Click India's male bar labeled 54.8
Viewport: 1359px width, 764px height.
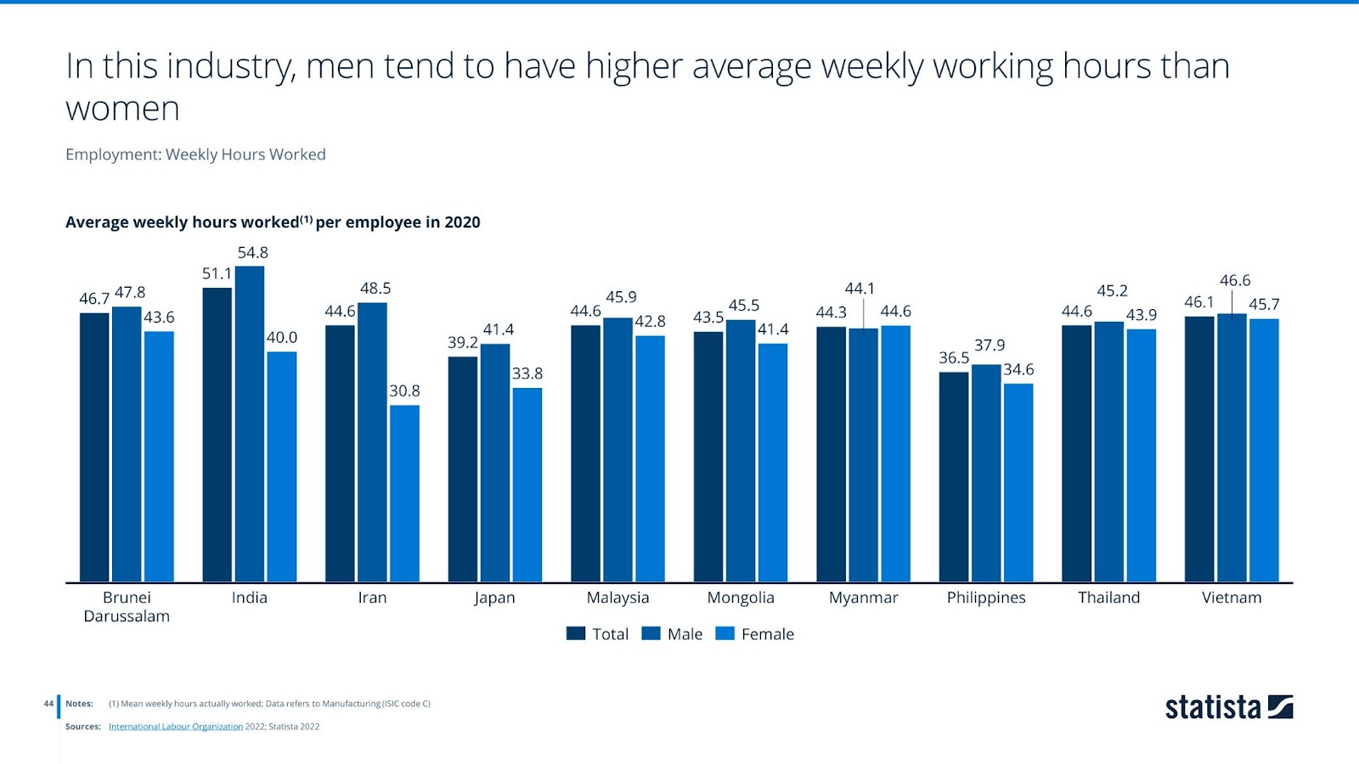point(250,424)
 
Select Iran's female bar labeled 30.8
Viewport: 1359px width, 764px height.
point(404,493)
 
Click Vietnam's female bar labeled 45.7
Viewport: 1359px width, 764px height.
point(1264,450)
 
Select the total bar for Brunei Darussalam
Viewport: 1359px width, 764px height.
point(94,447)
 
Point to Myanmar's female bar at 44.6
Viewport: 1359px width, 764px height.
point(895,453)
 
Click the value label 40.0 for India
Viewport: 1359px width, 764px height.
point(282,338)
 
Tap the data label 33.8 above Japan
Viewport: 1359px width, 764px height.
point(527,374)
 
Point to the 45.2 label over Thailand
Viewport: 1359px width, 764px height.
point(1112,291)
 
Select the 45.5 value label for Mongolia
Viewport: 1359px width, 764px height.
point(744,306)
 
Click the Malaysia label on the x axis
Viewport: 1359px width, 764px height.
point(617,598)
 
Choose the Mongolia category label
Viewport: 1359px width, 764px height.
point(741,598)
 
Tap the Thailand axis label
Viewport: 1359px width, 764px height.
point(1108,598)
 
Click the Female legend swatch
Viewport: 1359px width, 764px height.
point(725,633)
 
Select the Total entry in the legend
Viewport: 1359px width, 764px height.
point(598,634)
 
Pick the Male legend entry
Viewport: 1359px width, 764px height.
point(673,634)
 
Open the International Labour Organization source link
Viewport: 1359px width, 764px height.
point(176,727)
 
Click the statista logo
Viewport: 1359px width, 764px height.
point(1228,707)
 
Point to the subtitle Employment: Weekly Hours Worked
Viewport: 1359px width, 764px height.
point(195,154)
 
